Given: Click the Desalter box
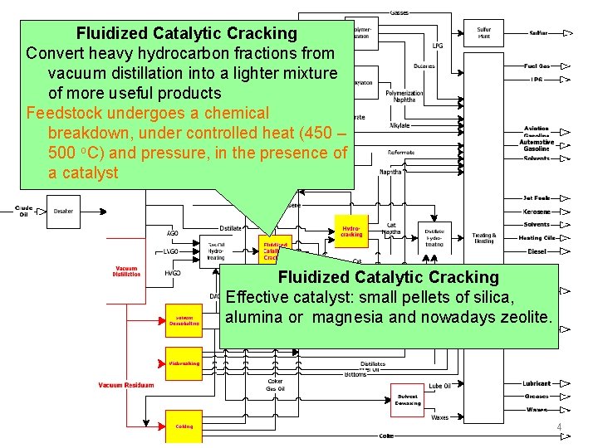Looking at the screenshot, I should (x=64, y=212).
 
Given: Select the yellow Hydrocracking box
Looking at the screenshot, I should (x=351, y=231).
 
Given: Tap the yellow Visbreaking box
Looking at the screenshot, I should (x=184, y=363).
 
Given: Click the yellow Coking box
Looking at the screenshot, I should (x=184, y=426).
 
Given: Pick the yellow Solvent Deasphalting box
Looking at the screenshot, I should (x=184, y=320).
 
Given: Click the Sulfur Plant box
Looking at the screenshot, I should (x=483, y=33).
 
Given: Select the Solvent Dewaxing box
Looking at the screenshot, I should (x=407, y=399).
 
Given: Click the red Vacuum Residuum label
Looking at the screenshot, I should (x=126, y=385).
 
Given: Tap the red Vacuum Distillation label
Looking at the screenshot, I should (x=127, y=271).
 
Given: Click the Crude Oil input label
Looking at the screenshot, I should (x=23, y=212).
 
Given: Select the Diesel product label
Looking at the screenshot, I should (x=537, y=251).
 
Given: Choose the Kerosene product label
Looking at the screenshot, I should (x=537, y=212).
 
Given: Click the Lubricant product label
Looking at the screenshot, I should (x=537, y=383).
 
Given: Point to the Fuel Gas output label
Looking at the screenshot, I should (x=537, y=66).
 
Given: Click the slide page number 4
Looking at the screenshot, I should (x=559, y=428).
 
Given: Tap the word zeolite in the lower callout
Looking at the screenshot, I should (x=523, y=317).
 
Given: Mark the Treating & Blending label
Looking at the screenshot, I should (x=483, y=237).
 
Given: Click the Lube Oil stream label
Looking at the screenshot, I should (x=440, y=386).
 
